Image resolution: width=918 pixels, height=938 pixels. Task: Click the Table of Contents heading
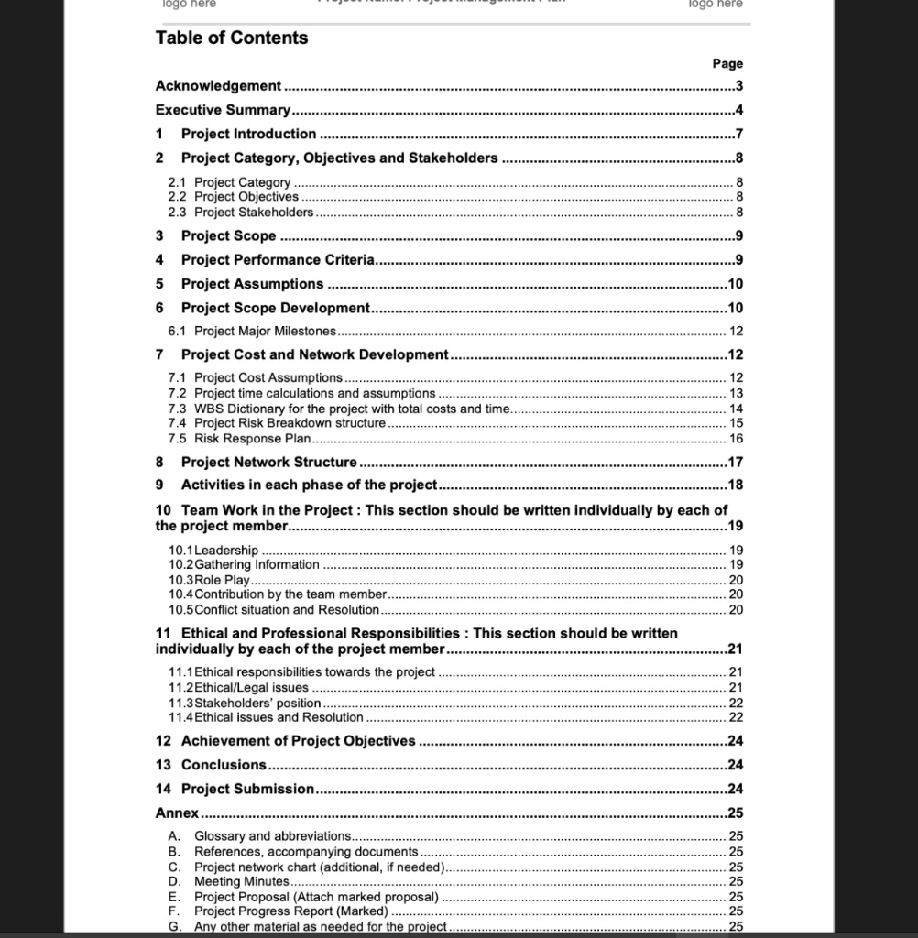(232, 38)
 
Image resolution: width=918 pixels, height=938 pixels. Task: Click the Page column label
(727, 63)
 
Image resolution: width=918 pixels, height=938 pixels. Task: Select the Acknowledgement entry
(219, 86)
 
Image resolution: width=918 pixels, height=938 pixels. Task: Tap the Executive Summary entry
(223, 110)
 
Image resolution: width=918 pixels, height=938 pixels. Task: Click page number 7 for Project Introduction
(738, 134)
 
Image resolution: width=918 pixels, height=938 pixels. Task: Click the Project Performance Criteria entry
(278, 260)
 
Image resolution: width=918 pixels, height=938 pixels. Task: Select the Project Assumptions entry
(252, 284)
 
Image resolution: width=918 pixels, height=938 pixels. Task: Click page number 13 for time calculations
(736, 394)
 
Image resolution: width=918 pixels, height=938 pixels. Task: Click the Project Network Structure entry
(268, 463)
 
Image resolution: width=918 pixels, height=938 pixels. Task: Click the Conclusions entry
(224, 765)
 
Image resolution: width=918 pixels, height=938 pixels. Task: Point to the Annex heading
(177, 813)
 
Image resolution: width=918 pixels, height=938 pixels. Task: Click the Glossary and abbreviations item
(272, 836)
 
